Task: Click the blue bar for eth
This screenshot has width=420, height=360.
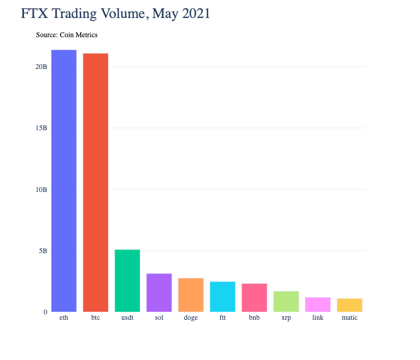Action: pos(64,181)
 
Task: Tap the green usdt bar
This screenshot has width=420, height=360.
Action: pos(127,280)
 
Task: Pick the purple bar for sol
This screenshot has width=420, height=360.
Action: pos(159,292)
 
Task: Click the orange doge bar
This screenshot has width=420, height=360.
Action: pos(191,295)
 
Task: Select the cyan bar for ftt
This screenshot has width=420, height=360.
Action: pos(223,296)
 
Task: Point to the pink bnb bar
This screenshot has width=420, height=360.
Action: pos(254,298)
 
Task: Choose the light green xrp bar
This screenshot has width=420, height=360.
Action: pos(286,301)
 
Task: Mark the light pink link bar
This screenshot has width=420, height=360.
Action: pos(318,304)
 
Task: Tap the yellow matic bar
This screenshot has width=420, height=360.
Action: pos(350,305)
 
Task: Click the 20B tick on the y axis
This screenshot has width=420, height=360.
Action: pos(41,67)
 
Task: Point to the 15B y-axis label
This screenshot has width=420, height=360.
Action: pos(41,128)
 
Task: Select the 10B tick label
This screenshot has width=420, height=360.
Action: pos(41,190)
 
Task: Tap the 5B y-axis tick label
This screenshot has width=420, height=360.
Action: pos(43,251)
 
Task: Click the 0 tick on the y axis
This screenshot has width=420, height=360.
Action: pos(44,312)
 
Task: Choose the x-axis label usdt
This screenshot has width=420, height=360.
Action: pos(127,317)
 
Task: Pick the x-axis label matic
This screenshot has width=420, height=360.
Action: pos(350,317)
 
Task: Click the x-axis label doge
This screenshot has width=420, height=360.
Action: pos(191,317)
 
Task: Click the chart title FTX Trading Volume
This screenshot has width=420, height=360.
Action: pos(116,13)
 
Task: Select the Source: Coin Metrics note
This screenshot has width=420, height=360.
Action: pos(67,35)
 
